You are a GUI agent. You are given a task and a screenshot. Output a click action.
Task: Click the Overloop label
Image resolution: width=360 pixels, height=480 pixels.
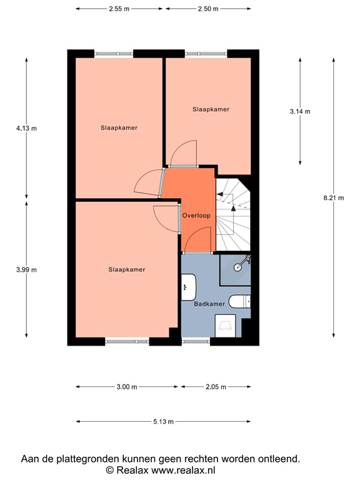[196, 216]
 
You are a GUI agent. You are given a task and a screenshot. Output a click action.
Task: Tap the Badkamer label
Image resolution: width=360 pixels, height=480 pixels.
[209, 304]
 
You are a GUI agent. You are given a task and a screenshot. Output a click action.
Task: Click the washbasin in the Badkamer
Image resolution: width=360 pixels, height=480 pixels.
[187, 288]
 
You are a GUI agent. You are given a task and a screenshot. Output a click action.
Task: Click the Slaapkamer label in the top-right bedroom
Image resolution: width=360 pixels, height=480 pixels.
[210, 109]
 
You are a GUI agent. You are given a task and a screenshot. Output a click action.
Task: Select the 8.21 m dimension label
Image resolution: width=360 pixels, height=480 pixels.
[333, 198]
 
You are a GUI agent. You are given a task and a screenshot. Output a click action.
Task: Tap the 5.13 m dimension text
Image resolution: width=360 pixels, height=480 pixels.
[163, 422]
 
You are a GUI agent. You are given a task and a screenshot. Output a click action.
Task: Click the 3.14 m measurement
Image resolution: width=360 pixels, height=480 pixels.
[300, 111]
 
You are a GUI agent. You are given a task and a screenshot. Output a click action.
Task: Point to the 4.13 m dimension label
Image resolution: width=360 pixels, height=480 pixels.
[26, 128]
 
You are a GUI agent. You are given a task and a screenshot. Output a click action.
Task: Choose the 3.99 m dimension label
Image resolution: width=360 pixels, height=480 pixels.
[26, 270]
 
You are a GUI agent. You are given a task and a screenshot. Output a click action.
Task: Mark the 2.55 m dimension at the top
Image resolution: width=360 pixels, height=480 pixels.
[119, 9]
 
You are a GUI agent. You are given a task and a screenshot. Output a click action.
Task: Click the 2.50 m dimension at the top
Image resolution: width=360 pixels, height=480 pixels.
[208, 9]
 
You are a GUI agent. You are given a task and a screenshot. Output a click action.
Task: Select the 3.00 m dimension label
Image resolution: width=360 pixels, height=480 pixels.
[126, 387]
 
